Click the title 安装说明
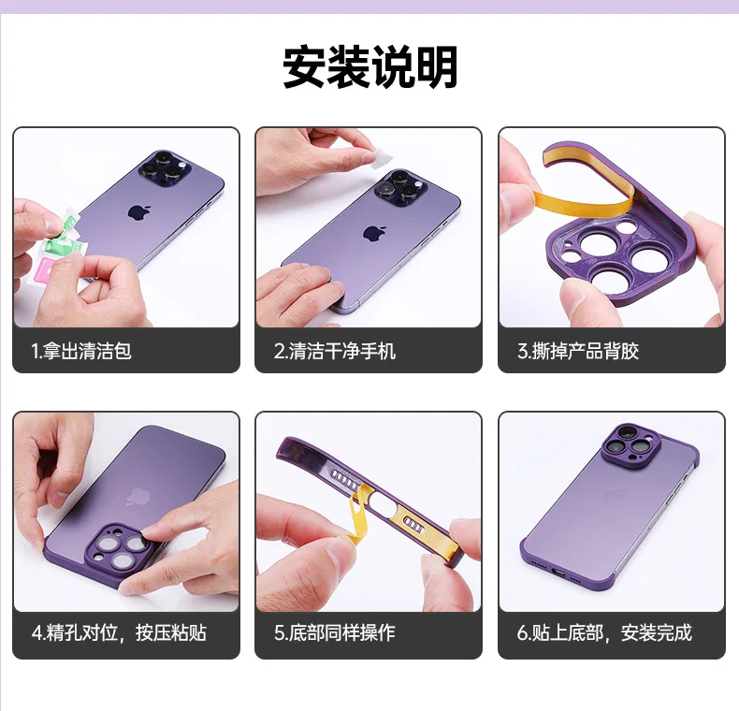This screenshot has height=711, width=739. click(x=369, y=67)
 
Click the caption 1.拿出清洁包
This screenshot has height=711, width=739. click(x=81, y=351)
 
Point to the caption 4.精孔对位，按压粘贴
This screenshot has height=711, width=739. click(x=119, y=633)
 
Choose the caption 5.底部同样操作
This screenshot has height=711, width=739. click(x=335, y=633)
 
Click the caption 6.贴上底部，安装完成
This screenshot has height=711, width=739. click(x=604, y=633)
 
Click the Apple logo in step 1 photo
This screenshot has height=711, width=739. click(x=138, y=211)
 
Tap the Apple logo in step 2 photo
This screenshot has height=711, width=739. click(x=375, y=231)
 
